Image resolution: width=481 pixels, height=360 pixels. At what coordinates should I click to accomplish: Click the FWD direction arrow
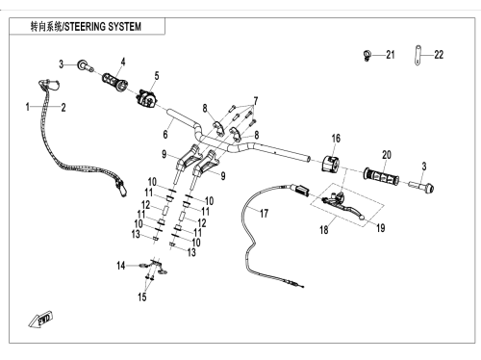pyautogui.click(x=40, y=320)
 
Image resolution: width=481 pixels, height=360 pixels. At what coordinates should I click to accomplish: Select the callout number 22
pyautogui.click(x=439, y=55)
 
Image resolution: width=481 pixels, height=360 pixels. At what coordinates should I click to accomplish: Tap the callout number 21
pyautogui.click(x=390, y=55)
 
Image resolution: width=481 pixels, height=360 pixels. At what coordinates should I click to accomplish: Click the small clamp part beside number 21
pyautogui.click(x=367, y=56)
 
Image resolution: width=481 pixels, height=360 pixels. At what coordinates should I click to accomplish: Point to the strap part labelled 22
pyautogui.click(x=418, y=55)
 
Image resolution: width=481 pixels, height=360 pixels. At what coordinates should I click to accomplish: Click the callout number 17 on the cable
pyautogui.click(x=264, y=214)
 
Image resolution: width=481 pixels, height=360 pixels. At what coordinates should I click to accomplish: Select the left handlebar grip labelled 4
pyautogui.click(x=115, y=83)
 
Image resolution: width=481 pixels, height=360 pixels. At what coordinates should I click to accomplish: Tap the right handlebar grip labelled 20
pyautogui.click(x=381, y=176)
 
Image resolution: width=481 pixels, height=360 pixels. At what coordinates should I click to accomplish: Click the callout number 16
pyautogui.click(x=336, y=139)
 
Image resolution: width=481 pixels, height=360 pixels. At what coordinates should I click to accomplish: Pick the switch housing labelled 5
pyautogui.click(x=146, y=98)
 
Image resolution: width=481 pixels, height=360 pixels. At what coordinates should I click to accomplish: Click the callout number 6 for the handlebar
pyautogui.click(x=165, y=134)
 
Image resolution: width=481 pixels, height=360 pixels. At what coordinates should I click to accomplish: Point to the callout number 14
pyautogui.click(x=120, y=266)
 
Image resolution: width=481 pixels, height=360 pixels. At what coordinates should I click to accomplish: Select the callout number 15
pyautogui.click(x=142, y=296)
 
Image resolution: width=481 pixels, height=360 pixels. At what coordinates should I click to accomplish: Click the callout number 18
pyautogui.click(x=324, y=230)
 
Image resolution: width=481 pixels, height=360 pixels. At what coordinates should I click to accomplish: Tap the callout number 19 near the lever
pyautogui.click(x=380, y=228)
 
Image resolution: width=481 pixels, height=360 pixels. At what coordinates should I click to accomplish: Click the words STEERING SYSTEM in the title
pyautogui.click(x=103, y=27)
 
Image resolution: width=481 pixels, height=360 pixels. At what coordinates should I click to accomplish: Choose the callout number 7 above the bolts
pyautogui.click(x=256, y=101)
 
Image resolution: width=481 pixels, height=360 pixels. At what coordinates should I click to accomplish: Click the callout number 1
pyautogui.click(x=28, y=107)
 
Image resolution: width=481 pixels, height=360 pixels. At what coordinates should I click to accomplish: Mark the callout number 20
pyautogui.click(x=387, y=155)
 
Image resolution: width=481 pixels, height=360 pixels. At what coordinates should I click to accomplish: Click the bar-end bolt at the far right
pyautogui.click(x=422, y=187)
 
